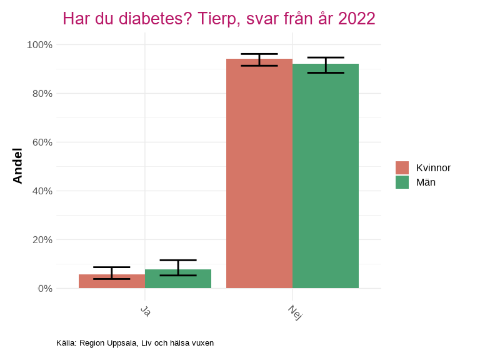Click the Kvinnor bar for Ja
click(112, 282)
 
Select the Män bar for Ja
click(178, 279)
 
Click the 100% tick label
click(39, 45)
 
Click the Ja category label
click(145, 311)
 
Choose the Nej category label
click(295, 312)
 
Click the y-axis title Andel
click(18, 166)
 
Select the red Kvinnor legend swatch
click(402, 167)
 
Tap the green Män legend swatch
click(402, 182)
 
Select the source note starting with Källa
click(135, 343)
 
